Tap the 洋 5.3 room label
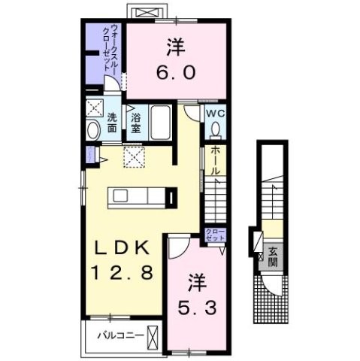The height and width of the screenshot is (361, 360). click(198, 295)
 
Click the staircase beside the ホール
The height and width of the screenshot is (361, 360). click(215, 203)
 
